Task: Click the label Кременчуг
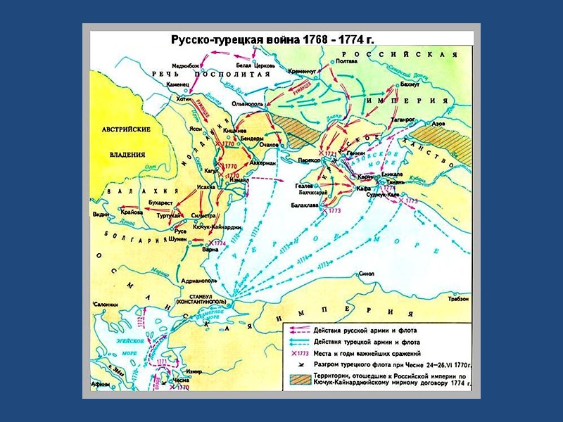coord(304,72)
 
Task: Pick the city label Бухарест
coord(160,203)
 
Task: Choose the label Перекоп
coord(308,160)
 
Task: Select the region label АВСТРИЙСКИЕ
coord(126,130)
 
